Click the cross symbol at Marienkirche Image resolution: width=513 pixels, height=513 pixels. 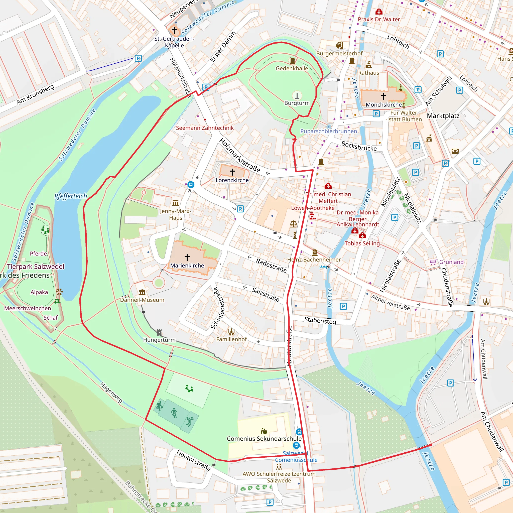click(x=187, y=257)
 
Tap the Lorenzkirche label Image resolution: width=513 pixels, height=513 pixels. click(x=232, y=180)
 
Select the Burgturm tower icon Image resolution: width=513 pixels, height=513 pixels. click(x=297, y=95)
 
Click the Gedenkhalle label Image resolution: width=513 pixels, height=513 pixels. click(x=292, y=68)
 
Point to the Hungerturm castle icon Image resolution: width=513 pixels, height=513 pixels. click(x=159, y=333)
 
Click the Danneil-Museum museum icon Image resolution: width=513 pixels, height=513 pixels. click(x=142, y=292)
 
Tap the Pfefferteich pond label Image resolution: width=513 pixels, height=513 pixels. click(x=71, y=196)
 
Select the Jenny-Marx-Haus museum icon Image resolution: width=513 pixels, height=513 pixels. click(x=176, y=203)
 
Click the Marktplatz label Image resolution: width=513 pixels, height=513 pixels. click(x=443, y=116)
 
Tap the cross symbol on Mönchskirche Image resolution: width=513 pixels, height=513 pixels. click(x=383, y=96)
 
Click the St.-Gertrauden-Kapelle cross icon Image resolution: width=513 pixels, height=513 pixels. click(x=174, y=31)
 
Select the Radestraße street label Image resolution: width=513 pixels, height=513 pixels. click(x=271, y=266)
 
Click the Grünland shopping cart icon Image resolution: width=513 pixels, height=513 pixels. click(x=433, y=262)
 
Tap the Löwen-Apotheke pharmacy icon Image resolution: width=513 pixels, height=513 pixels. click(x=313, y=216)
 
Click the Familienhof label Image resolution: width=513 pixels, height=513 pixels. click(x=231, y=339)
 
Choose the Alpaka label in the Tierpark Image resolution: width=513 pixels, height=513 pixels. click(x=39, y=292)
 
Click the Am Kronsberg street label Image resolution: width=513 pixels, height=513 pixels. click(x=36, y=94)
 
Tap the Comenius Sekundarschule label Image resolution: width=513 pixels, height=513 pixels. click(x=264, y=438)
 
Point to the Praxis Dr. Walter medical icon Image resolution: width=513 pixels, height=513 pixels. click(x=379, y=12)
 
